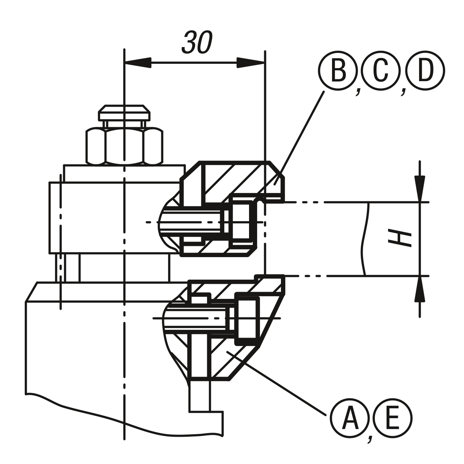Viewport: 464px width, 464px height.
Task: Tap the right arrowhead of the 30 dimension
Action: click(x=251, y=63)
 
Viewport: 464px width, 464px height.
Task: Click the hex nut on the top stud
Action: click(x=124, y=146)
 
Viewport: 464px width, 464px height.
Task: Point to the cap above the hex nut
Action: click(x=124, y=113)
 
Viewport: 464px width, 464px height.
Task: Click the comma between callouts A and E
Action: click(x=371, y=438)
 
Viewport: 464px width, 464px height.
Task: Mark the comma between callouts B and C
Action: click(x=358, y=91)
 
